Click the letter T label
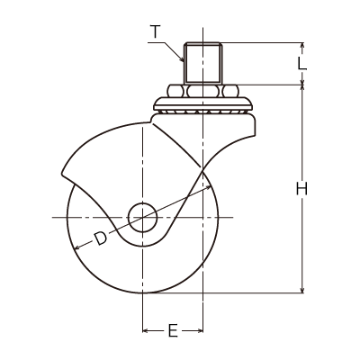(x=155, y=32)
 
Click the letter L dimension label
(x=302, y=64)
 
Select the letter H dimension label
(x=301, y=189)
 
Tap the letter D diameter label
(x=101, y=238)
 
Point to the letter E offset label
(x=173, y=330)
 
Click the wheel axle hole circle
(x=143, y=217)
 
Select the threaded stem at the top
(x=203, y=63)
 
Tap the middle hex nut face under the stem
(x=203, y=91)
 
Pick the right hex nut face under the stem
(x=230, y=91)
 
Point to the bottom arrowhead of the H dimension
(x=302, y=289)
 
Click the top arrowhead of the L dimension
(x=302, y=46)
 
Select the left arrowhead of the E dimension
(x=146, y=331)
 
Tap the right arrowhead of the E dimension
(x=200, y=331)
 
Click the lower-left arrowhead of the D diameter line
(x=77, y=247)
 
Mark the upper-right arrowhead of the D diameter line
(x=209, y=187)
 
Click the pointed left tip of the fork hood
(x=62, y=173)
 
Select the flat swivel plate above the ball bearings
(x=202, y=103)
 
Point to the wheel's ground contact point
(x=143, y=292)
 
